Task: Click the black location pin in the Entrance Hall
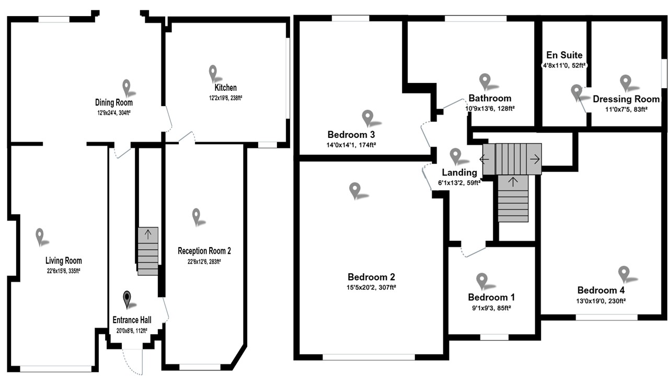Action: click(x=127, y=299)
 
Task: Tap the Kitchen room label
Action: click(x=225, y=88)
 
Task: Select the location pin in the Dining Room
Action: click(x=126, y=87)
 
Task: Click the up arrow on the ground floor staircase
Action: click(x=148, y=234)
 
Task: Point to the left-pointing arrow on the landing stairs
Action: click(x=485, y=159)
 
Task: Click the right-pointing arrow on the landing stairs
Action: click(x=534, y=159)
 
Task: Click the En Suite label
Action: click(x=564, y=55)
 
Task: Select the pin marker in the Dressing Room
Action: click(x=625, y=82)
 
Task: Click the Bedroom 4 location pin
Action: click(x=623, y=273)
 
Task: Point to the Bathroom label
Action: click(x=490, y=98)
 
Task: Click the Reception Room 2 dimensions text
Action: click(x=204, y=261)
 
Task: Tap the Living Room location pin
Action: click(x=40, y=236)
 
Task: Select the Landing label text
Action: click(x=459, y=172)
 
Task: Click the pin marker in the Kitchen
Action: click(x=212, y=72)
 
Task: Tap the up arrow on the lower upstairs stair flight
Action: click(x=513, y=182)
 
